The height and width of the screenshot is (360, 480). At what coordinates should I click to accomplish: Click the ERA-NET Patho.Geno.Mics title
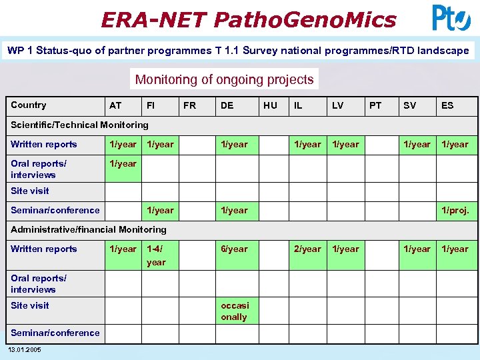248,19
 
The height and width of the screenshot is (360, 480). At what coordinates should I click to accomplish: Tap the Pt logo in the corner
451,18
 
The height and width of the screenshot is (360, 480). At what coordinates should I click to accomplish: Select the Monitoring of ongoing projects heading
224,79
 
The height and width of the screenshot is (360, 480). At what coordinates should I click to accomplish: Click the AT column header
115,105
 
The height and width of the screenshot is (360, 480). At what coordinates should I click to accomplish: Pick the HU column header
270,105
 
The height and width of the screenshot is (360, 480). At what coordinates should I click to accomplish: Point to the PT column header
375,105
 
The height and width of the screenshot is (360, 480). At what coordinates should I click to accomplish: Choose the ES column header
447,105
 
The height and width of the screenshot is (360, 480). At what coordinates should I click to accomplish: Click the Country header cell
29,105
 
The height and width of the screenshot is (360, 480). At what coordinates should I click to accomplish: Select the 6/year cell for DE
234,249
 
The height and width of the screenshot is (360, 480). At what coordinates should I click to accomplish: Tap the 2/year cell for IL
308,249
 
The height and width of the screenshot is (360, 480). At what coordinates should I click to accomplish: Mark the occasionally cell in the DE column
234,311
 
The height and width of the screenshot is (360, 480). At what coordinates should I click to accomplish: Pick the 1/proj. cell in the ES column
455,211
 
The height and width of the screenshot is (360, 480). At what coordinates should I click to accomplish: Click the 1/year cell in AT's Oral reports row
123,164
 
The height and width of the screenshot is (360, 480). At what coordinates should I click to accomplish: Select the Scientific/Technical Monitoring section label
79,125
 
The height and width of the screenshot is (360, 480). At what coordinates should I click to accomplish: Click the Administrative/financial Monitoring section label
89,229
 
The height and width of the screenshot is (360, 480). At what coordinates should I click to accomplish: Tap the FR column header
189,105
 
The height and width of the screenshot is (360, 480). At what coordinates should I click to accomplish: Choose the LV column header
337,105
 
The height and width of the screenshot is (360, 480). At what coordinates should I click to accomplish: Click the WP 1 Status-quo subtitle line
238,51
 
